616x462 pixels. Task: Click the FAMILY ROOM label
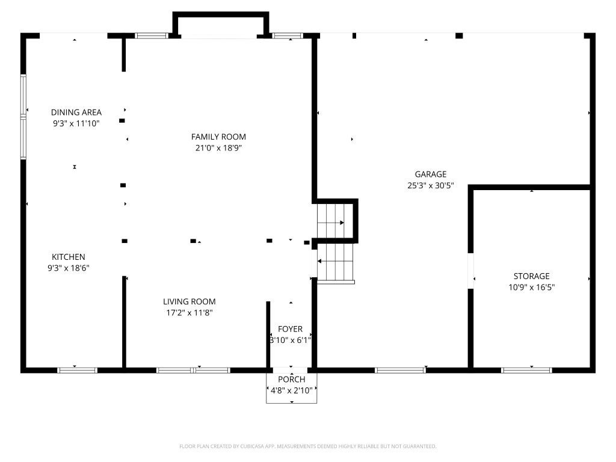click(x=218, y=137)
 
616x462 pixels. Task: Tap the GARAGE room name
click(x=431, y=174)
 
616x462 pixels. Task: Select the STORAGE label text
click(x=532, y=276)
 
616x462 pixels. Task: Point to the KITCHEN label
click(x=69, y=257)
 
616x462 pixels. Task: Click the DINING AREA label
click(x=76, y=112)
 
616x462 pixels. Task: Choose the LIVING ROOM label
click(x=189, y=302)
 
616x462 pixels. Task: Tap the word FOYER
click(x=291, y=329)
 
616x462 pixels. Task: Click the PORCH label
click(x=292, y=380)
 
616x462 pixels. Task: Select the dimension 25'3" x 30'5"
click(x=431, y=185)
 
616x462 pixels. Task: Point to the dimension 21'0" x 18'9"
click(x=218, y=148)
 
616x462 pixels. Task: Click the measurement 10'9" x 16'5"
click(x=532, y=287)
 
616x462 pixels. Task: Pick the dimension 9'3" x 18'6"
click(x=69, y=268)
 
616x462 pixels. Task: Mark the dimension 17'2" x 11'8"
click(x=189, y=313)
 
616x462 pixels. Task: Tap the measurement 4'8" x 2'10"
click(x=292, y=390)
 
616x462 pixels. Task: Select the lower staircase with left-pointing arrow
click(x=336, y=262)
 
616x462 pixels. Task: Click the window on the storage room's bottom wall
click(x=526, y=370)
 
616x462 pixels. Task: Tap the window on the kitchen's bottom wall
click(x=78, y=370)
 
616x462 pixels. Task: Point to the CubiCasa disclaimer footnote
click(x=307, y=446)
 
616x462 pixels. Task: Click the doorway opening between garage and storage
click(x=470, y=271)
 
